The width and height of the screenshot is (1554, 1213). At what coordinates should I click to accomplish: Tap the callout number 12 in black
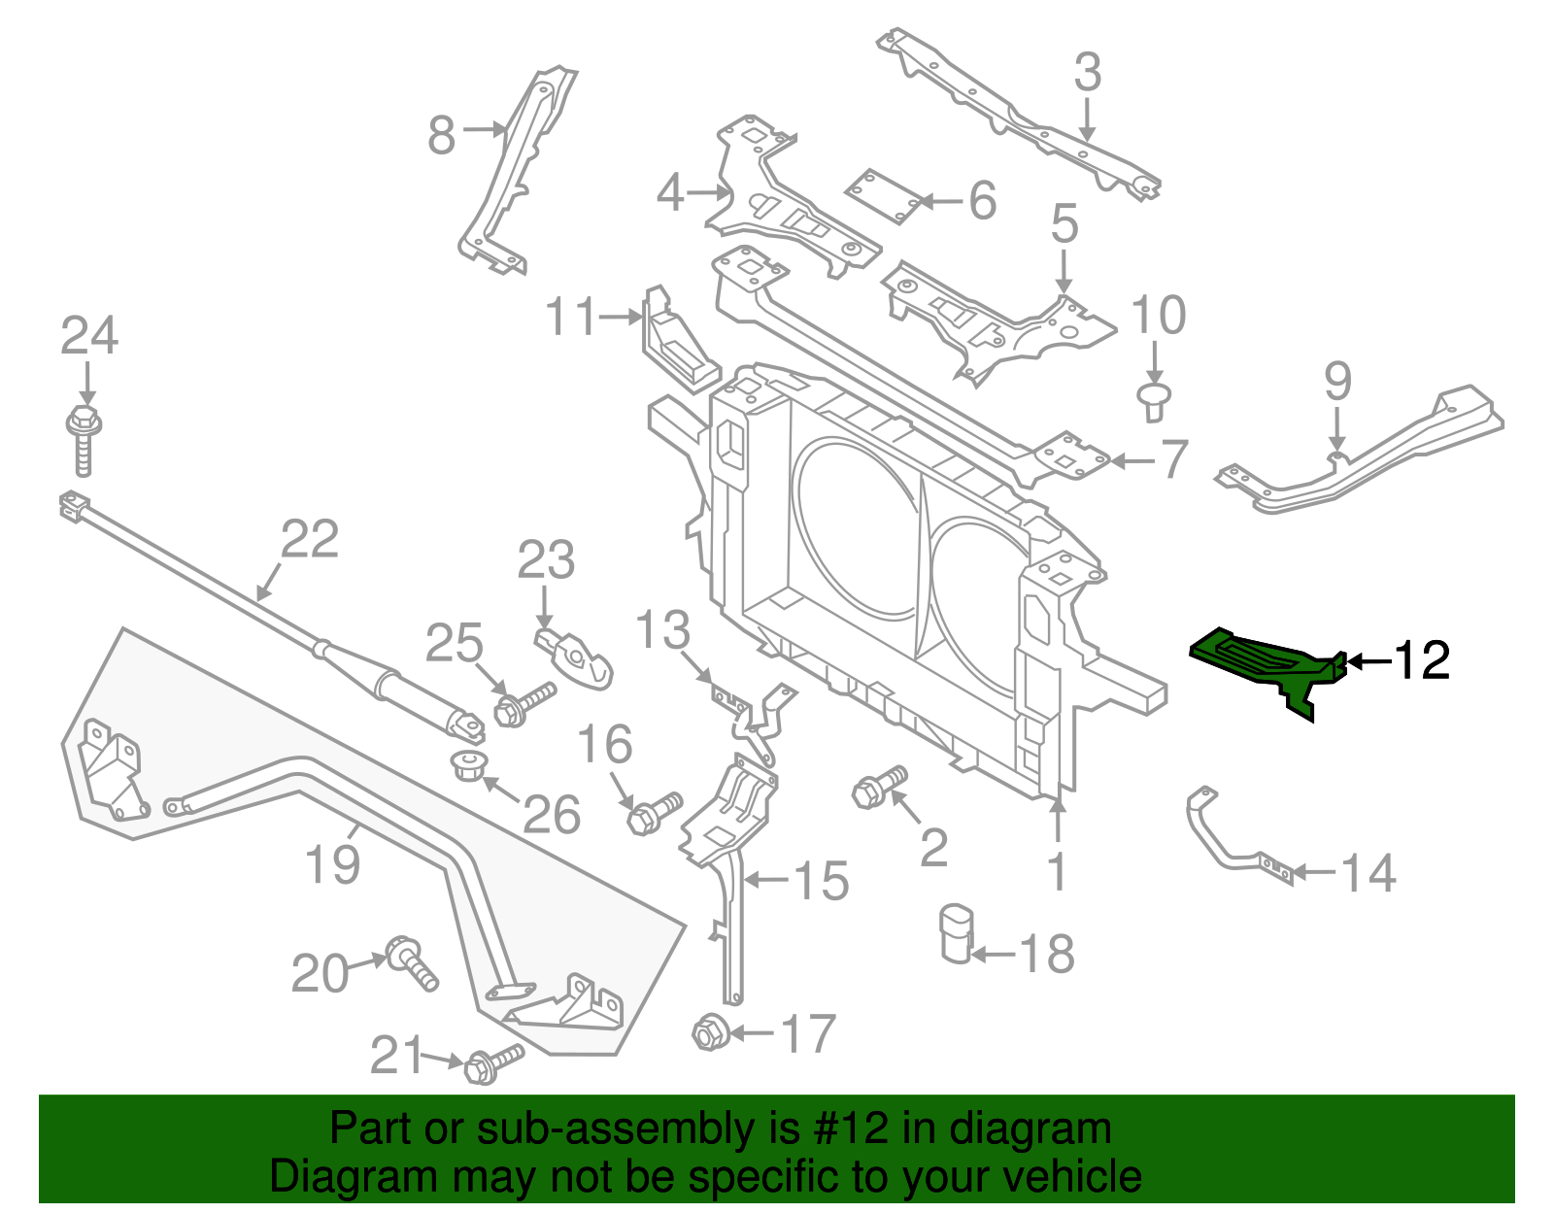point(1421,661)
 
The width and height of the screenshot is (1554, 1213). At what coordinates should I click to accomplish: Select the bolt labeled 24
point(84,442)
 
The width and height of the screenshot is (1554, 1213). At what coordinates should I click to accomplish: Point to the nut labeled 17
point(708,1031)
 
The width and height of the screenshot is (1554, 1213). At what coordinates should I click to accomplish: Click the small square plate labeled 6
point(882,196)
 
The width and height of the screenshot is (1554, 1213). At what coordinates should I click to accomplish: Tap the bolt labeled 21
point(491,1062)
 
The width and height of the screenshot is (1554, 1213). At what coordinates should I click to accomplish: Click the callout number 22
point(310,539)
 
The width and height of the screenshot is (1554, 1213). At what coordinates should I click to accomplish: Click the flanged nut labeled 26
point(470,764)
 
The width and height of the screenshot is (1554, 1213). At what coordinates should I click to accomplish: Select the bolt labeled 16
point(655,813)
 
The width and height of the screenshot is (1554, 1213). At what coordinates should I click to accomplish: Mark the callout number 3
point(1088,73)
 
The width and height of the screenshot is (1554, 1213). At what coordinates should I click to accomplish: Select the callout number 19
point(332,863)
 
